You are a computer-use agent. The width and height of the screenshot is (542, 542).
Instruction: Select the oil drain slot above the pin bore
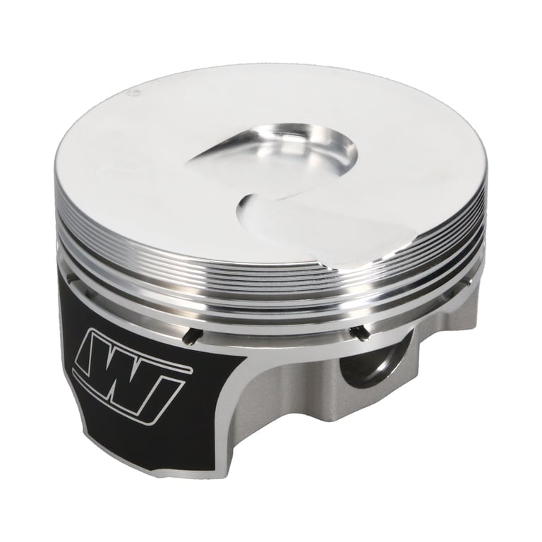click(x=357, y=331)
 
